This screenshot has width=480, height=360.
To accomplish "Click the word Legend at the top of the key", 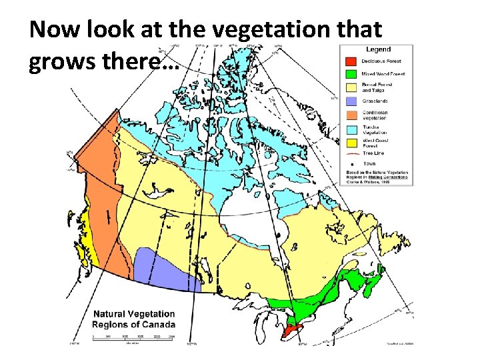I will pos(378,49).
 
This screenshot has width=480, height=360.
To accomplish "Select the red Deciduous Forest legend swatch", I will pos(349,61).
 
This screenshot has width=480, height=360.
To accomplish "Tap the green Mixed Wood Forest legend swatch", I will pos(349,73).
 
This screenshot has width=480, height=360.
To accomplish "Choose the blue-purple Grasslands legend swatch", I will pos(349,101).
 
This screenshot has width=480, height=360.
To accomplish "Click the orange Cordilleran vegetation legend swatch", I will pos(349,115).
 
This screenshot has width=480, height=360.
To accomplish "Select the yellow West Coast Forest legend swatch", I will pos(349,142).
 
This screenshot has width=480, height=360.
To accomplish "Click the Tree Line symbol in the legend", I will pos(349,153).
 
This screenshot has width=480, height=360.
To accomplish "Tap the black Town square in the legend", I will pos(349,163).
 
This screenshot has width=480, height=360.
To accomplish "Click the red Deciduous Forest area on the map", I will pos(291,331).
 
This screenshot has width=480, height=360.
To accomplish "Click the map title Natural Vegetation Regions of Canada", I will pos(133,319).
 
